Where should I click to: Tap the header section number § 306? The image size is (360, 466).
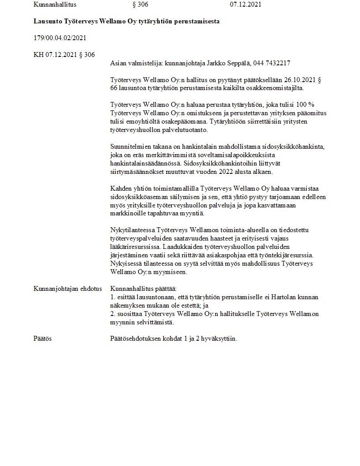tap(140, 5)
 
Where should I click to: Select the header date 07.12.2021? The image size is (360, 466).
tap(245, 5)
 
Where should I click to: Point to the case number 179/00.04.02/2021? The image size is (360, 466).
tap(60, 38)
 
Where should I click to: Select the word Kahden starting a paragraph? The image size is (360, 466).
tap(120, 188)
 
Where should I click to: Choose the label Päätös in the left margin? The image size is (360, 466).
tap(42, 338)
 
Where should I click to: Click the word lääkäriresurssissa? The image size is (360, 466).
tap(137, 247)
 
